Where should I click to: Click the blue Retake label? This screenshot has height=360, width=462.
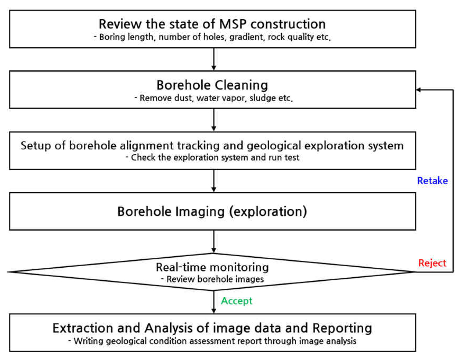[432, 180]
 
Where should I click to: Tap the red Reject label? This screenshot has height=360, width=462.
[432, 263]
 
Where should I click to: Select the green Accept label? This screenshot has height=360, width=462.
[237, 301]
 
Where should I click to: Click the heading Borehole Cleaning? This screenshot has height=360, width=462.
[212, 84]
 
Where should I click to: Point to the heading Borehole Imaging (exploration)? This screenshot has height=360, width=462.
[212, 211]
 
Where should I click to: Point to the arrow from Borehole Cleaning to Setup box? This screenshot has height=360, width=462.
[213, 119]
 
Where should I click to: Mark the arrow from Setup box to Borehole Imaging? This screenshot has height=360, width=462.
[213, 180]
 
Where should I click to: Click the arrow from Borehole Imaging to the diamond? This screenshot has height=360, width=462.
[213, 241]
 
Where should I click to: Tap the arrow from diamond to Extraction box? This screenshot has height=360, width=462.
[213, 301]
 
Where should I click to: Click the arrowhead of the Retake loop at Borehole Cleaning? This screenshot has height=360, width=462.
[419, 90]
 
